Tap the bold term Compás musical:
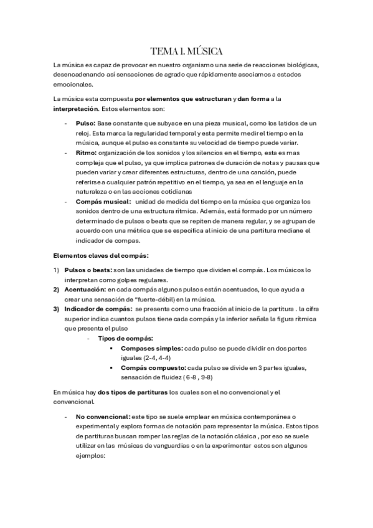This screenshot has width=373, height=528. pyautogui.click(x=103, y=201)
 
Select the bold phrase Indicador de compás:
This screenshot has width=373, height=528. pyautogui.click(x=98, y=309)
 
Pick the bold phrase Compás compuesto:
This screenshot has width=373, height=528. pyautogui.click(x=153, y=367)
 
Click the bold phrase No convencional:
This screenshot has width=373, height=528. pyautogui.click(x=103, y=415)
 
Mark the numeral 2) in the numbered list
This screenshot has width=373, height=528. pyautogui.click(x=56, y=290)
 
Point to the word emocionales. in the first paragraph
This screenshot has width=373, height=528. pyautogui.click(x=72, y=85)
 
